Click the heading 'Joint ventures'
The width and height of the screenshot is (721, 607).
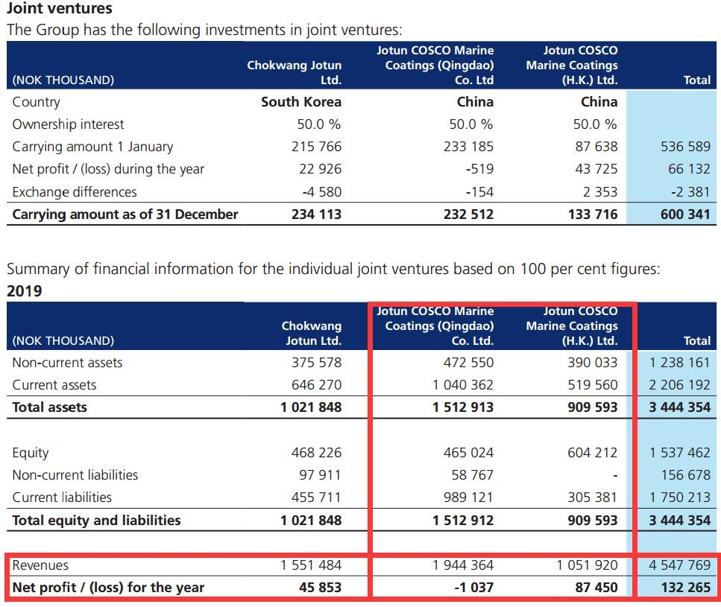tap(60, 9)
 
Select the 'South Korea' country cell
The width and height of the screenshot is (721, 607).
tap(300, 102)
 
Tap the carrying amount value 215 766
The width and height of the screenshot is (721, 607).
tap(316, 147)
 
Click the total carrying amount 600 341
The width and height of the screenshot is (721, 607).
tap(685, 214)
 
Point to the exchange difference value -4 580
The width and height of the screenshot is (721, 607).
tap(321, 191)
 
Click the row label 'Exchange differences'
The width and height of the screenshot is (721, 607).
tap(75, 191)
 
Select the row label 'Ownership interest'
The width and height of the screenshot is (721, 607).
tap(68, 124)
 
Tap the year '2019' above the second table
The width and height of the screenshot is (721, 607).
tap(24, 290)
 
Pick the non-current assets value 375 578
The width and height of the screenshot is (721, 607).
tap(316, 363)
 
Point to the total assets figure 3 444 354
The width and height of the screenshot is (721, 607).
tap(679, 407)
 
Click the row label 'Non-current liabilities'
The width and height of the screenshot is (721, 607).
tap(75, 474)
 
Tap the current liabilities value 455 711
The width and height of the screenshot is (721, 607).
tap(316, 497)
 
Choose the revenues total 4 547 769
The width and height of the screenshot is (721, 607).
tap(679, 565)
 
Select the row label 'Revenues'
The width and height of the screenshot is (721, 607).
tap(40, 565)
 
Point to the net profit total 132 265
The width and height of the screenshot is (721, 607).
tap(685, 587)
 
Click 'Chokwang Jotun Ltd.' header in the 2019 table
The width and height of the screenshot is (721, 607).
tap(311, 333)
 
